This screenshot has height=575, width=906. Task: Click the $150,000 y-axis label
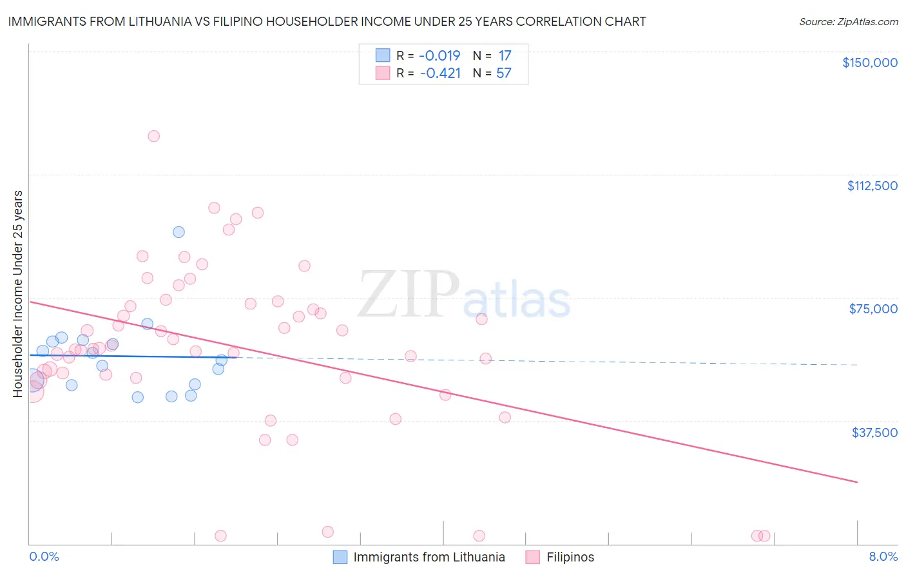pyautogui.click(x=869, y=63)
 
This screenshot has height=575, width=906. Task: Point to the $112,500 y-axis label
pyautogui.click(x=872, y=186)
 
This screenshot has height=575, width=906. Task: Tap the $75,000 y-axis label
pyautogui.click(x=873, y=309)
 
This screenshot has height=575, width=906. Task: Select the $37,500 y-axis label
pyautogui.click(x=874, y=433)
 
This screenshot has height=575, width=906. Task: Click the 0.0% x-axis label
pyautogui.click(x=44, y=556)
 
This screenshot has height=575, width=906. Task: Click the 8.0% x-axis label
pyautogui.click(x=883, y=556)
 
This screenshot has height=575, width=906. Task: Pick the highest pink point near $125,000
pyautogui.click(x=153, y=136)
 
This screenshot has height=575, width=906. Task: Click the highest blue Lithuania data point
pyautogui.click(x=179, y=232)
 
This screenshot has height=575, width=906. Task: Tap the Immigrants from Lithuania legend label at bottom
pyautogui.click(x=429, y=557)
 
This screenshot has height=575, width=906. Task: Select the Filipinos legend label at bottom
pyautogui.click(x=570, y=557)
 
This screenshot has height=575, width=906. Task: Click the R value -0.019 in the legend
pyautogui.click(x=440, y=56)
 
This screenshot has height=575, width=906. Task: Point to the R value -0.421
pyautogui.click(x=440, y=73)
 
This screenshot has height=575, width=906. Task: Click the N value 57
pyautogui.click(x=503, y=73)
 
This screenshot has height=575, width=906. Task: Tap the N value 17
pyautogui.click(x=505, y=56)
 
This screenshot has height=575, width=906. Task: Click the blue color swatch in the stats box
pyautogui.click(x=383, y=55)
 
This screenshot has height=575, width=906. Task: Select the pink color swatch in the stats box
pyautogui.click(x=383, y=73)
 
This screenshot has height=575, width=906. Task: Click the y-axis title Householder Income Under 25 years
pyautogui.click(x=18, y=293)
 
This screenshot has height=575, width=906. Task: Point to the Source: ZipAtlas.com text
pyautogui.click(x=848, y=22)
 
